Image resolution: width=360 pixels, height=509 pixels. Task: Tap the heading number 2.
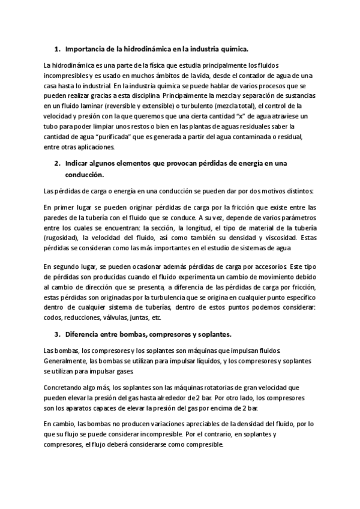pos(55,163)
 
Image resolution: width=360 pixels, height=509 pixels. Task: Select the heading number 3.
pos(55,334)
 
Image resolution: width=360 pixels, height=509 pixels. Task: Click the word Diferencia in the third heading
pos(84,334)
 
